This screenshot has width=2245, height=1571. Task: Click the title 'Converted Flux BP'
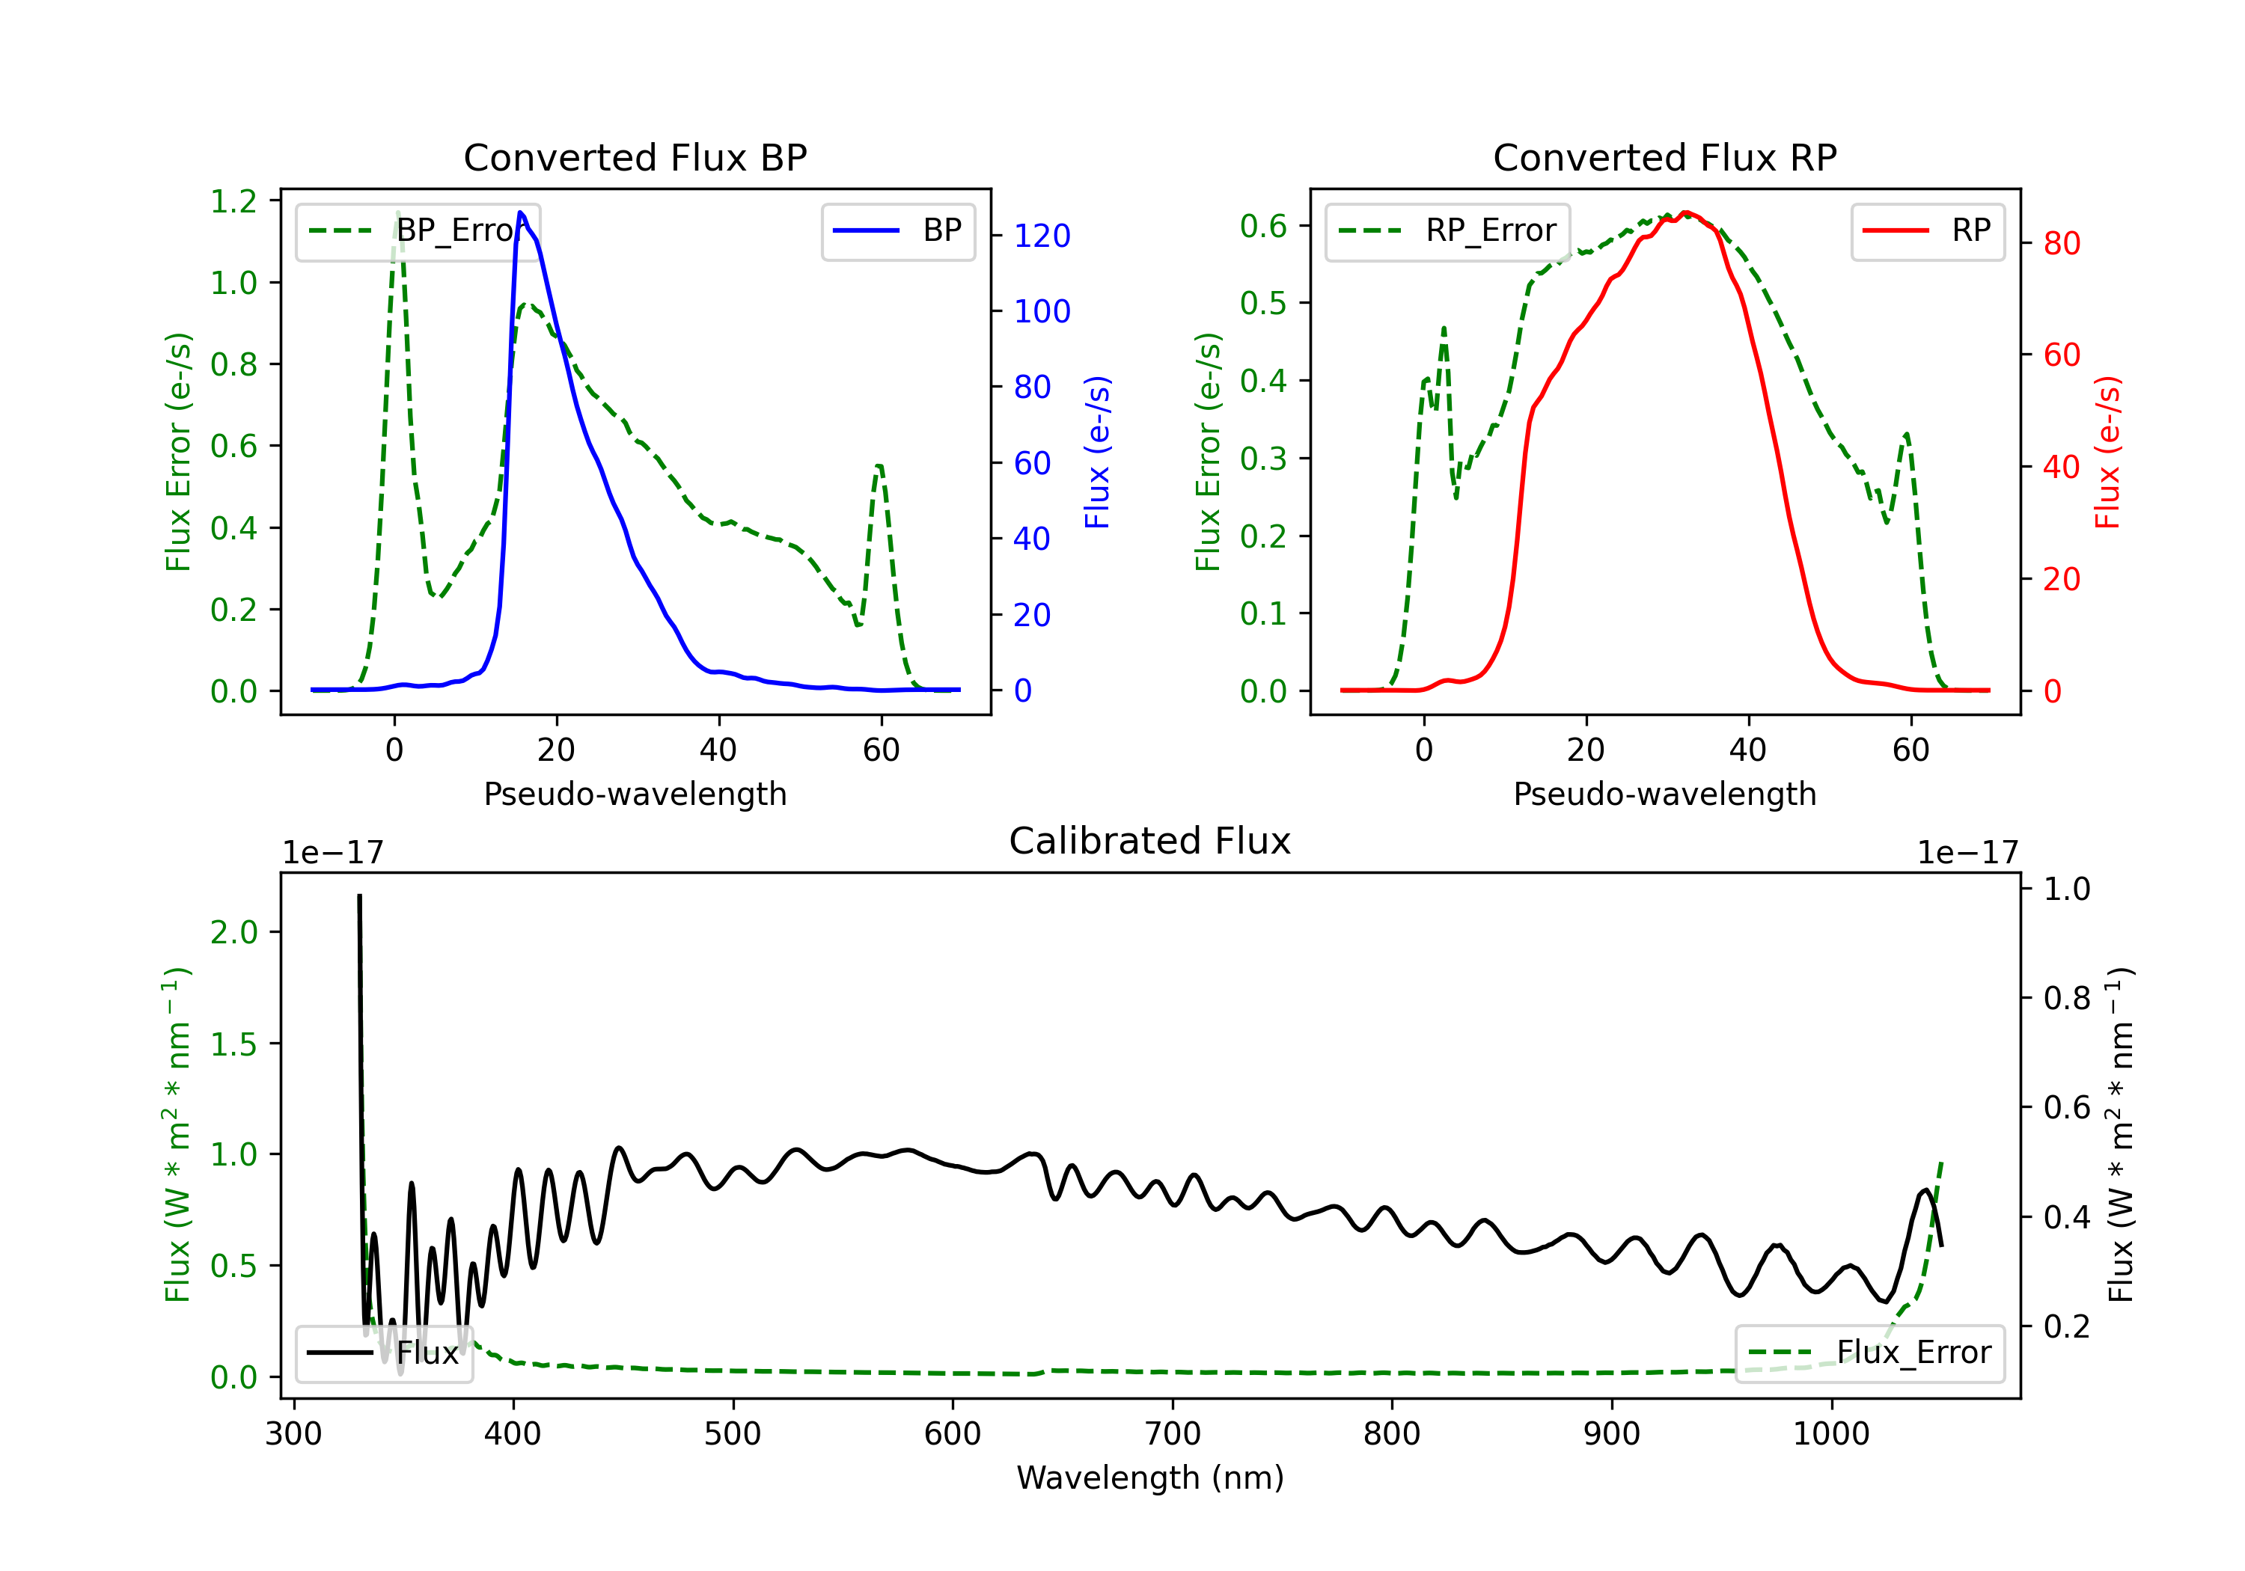coord(635,157)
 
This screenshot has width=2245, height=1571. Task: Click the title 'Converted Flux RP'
coord(1665,157)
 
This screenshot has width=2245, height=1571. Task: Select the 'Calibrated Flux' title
coord(1150,841)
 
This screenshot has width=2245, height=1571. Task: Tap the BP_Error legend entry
coord(418,230)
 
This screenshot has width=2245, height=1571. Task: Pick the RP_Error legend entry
coord(1448,230)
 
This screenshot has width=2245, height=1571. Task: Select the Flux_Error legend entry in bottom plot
coord(1869,1353)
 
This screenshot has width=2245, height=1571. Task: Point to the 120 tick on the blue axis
coord(1042,236)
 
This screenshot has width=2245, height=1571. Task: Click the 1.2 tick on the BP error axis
coord(233,201)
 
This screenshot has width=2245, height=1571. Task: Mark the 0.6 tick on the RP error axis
coord(1263,226)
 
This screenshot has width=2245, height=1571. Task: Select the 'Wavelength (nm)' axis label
coord(1151,1478)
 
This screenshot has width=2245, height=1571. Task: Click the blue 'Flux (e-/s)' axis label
coord(1097,453)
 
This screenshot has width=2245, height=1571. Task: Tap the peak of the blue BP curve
coord(520,212)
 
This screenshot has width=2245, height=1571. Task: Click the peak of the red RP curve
coord(1684,212)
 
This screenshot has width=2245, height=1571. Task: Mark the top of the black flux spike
coord(359,895)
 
